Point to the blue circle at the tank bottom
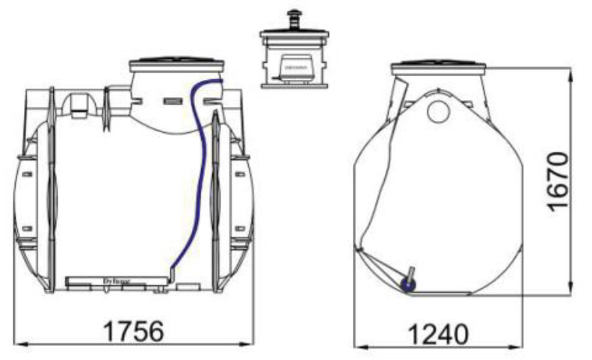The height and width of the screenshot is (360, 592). coord(408,285)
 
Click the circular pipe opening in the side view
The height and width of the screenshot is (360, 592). coord(438,111)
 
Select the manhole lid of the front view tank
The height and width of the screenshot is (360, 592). coord(176,63)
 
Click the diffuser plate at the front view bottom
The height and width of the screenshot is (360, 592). coord(116,281)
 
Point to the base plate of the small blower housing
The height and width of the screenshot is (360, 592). coord(294,84)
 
